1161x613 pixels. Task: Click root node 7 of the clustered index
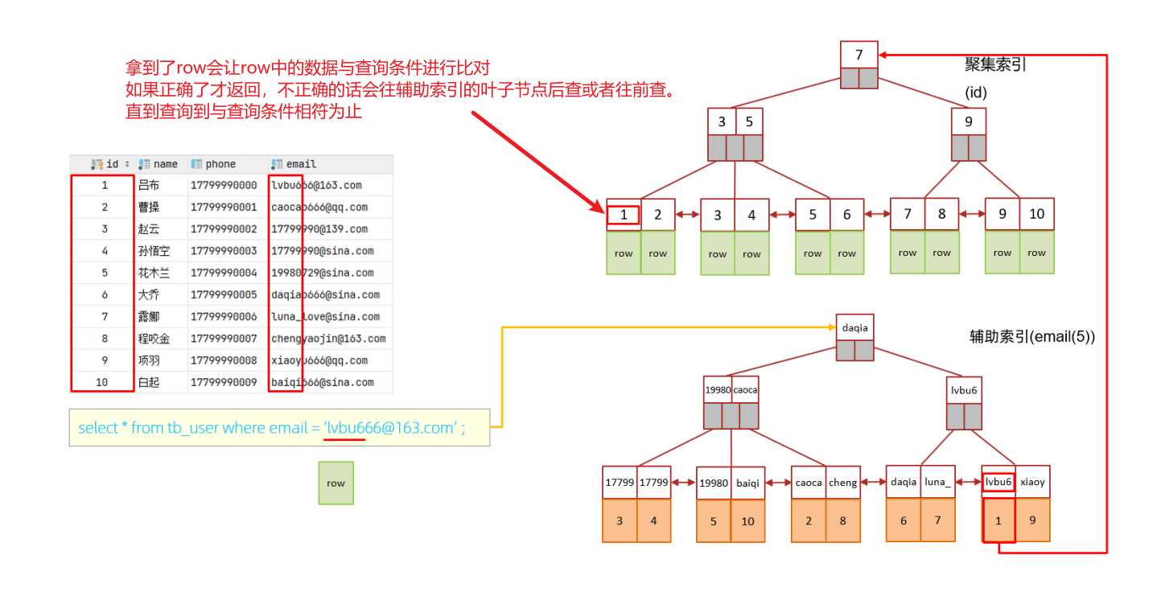coord(858,55)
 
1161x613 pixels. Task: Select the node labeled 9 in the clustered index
coord(968,121)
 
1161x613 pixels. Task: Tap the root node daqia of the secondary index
coord(854,327)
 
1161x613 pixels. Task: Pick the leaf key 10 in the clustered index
coord(1036,214)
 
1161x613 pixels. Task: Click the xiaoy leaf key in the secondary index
coord(1032,482)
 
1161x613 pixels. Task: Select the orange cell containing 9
coord(1032,520)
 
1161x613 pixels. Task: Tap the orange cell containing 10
coord(747,521)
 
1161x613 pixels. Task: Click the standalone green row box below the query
coord(336,483)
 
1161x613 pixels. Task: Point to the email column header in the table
coord(301,164)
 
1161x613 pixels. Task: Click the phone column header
coord(220,164)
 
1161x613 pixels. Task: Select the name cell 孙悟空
coord(154,251)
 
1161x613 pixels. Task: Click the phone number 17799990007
coord(224,339)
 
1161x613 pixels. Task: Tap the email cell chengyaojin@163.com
coord(328,339)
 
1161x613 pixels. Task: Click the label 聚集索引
coord(995,65)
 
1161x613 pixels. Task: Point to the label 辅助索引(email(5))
coord(1032,337)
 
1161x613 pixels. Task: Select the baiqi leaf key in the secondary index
coord(747,483)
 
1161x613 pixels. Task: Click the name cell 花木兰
coord(154,273)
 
